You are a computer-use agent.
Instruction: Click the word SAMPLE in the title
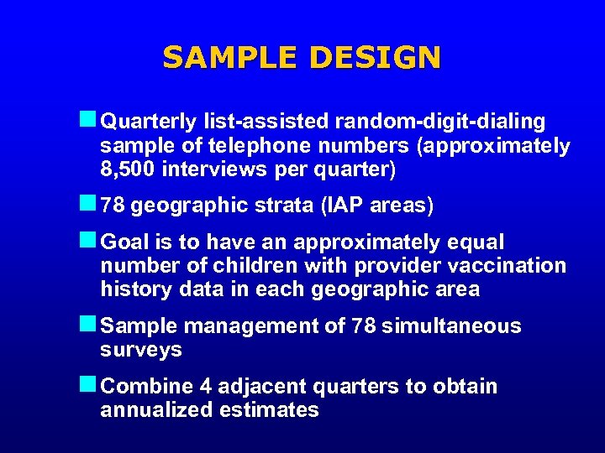point(231,58)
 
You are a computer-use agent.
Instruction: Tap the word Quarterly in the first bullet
point(148,122)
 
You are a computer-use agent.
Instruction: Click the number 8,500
point(127,169)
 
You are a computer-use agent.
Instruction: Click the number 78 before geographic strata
point(113,206)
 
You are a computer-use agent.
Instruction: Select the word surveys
point(140,350)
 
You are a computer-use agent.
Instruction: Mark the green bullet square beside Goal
point(87,242)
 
